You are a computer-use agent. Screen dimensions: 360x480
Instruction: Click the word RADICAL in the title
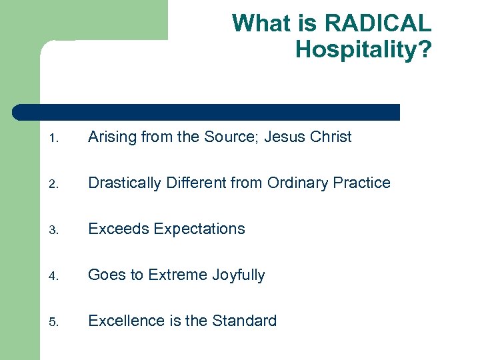point(377,24)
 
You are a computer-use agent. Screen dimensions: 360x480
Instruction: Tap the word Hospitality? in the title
point(363,50)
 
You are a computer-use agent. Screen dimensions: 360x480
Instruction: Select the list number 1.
point(54,139)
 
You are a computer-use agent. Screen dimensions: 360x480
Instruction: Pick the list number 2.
point(54,185)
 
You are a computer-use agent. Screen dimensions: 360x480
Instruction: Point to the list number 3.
point(54,231)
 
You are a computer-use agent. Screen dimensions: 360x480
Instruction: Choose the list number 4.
point(54,277)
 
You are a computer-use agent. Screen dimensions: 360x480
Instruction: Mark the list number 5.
point(54,323)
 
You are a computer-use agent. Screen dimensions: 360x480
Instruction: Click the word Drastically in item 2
point(125,183)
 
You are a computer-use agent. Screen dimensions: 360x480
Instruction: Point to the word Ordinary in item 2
point(297,183)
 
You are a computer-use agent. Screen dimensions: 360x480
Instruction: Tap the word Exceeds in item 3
point(118,229)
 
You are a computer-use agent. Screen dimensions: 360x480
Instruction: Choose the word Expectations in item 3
point(199,229)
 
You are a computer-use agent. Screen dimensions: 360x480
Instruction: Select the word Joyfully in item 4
point(239,275)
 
